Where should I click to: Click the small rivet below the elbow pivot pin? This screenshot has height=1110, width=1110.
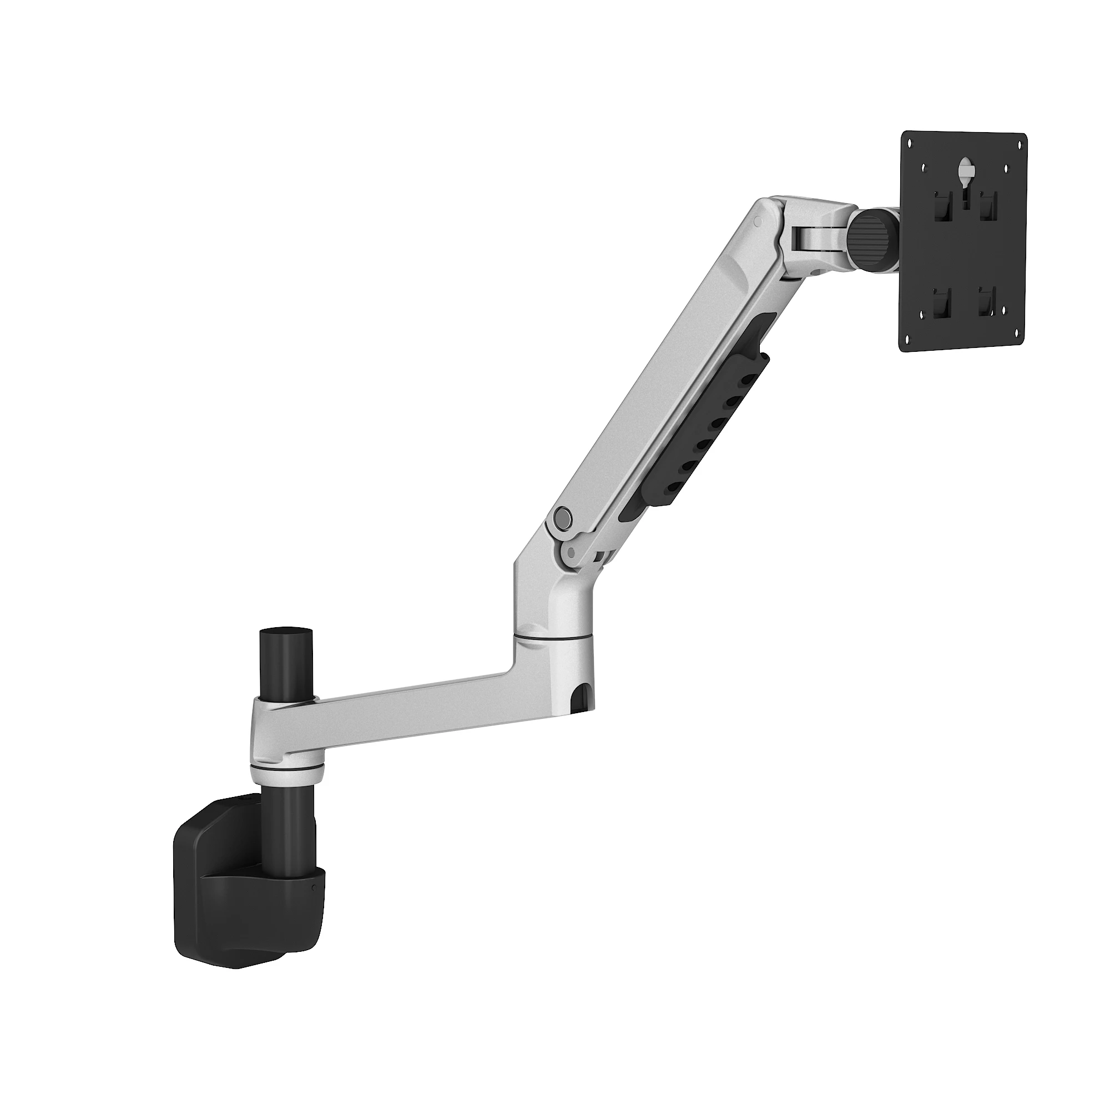click(570, 552)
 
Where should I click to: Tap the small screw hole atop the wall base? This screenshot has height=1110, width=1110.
click(247, 798)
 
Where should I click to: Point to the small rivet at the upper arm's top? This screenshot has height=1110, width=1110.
click(757, 219)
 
